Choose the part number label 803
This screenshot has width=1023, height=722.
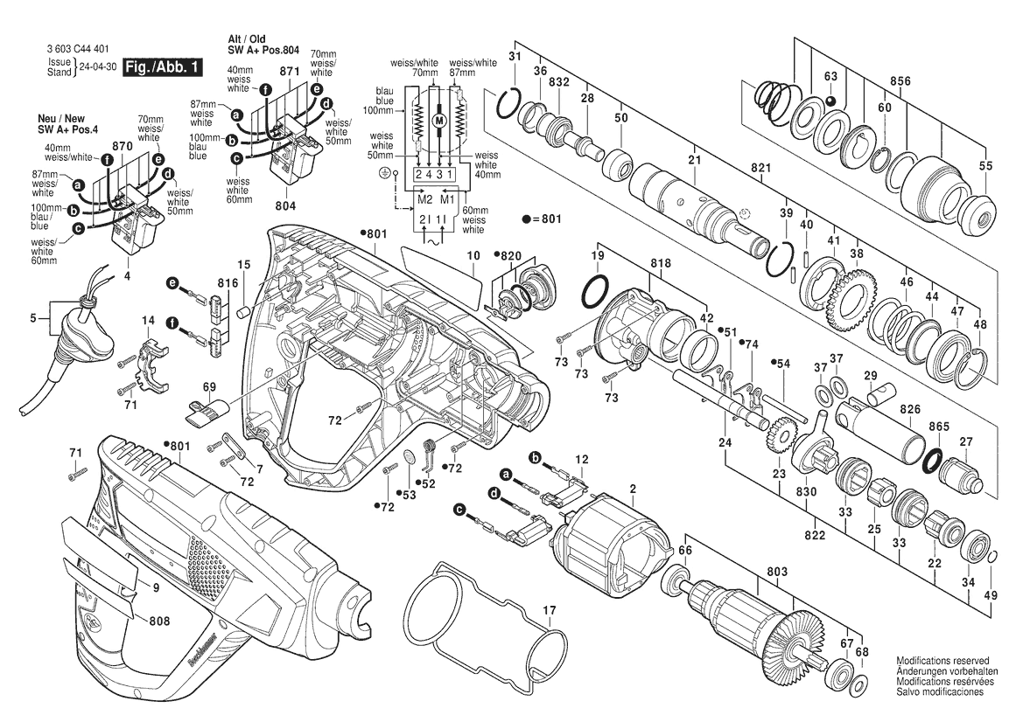pos(775,572)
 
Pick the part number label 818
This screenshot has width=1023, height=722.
pos(661,263)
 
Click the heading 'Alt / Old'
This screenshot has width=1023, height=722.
pos(247,40)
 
